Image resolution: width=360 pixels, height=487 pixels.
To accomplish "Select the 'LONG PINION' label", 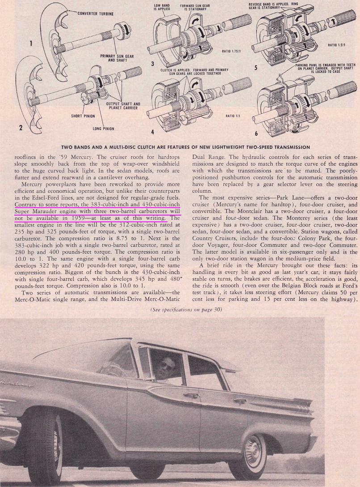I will point(103,129).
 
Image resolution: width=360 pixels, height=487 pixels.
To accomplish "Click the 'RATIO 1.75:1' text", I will point(231,51).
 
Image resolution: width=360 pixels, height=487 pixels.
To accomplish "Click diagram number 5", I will point(255,68).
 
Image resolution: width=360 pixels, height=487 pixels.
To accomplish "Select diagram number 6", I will point(255,133).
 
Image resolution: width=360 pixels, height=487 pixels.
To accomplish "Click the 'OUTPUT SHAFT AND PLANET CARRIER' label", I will point(124,106).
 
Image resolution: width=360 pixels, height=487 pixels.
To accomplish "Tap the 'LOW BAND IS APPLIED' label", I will point(161,7).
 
